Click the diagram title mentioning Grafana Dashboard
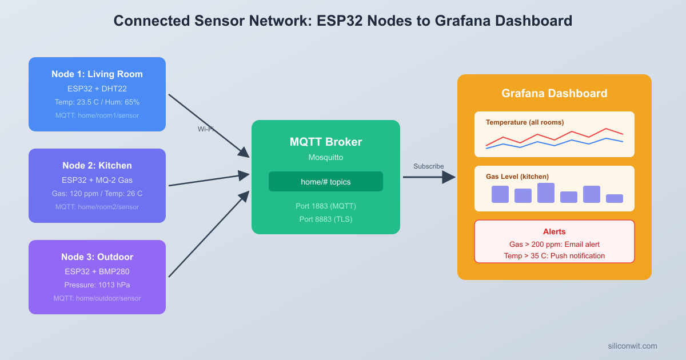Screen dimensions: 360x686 click(x=342, y=21)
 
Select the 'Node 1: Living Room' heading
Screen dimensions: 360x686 click(x=97, y=74)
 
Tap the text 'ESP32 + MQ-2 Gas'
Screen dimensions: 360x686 click(x=97, y=180)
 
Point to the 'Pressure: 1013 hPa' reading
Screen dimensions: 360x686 click(x=97, y=285)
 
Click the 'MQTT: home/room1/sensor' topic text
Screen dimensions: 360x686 click(x=97, y=115)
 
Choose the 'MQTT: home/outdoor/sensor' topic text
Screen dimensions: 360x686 click(x=97, y=298)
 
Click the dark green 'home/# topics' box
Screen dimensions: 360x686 click(x=326, y=182)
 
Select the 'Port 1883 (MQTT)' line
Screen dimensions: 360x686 click(x=326, y=206)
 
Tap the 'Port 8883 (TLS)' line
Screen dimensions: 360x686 click(x=326, y=219)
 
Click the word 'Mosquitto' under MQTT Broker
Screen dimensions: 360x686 click(x=326, y=157)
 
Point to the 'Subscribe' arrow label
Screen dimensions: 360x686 click(x=429, y=166)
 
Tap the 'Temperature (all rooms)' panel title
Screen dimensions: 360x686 click(x=525, y=122)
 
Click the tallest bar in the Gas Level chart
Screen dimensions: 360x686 click(x=546, y=193)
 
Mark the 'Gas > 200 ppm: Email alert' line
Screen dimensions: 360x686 click(x=555, y=244)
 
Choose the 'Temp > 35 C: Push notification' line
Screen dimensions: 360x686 click(x=555, y=256)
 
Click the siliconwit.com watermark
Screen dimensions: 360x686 click(x=632, y=346)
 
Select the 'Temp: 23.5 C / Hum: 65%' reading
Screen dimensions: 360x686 click(x=97, y=102)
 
